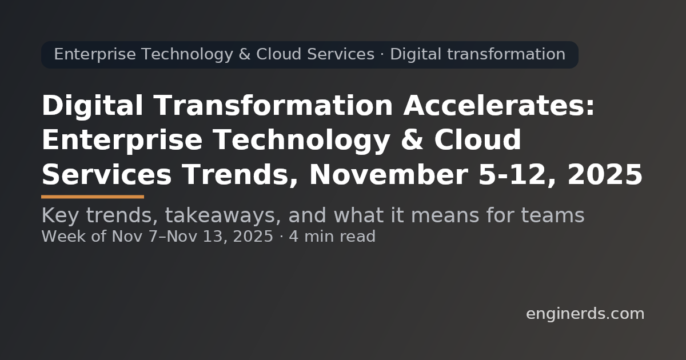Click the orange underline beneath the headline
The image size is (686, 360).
[93, 197]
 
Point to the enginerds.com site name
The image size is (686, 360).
[585, 314]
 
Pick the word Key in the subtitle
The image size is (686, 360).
[58, 216]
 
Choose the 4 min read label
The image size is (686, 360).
[332, 237]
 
